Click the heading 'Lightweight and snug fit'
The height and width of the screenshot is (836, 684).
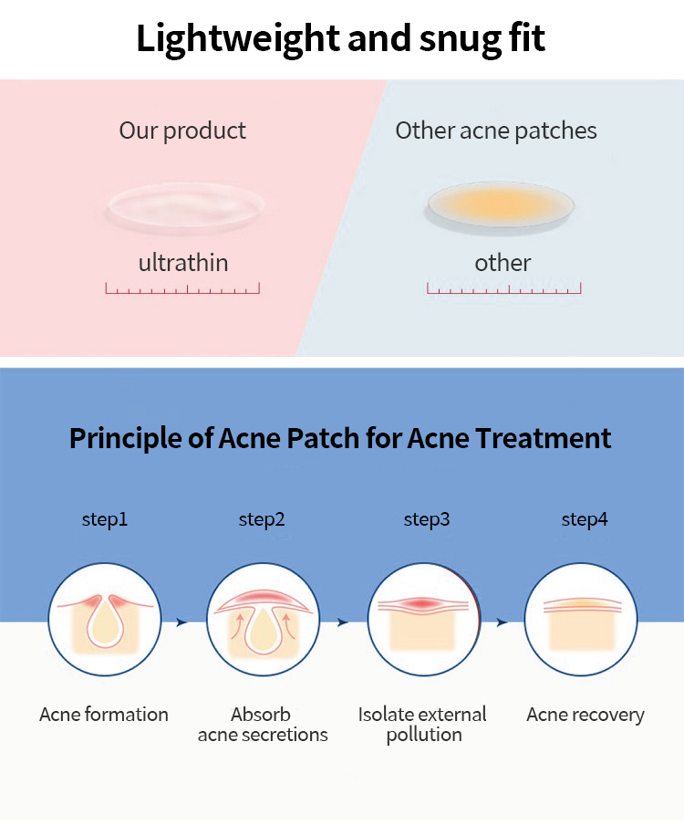click(341, 39)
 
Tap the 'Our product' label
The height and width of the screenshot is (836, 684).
click(182, 131)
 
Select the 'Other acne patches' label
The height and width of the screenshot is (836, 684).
click(496, 131)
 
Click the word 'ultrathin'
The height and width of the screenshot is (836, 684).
click(183, 264)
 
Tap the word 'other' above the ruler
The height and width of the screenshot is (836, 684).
click(503, 264)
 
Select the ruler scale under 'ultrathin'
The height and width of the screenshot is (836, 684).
click(182, 288)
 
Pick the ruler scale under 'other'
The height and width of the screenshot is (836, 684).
click(503, 288)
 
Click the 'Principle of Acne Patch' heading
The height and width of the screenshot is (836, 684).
click(341, 438)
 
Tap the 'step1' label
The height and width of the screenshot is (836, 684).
click(105, 520)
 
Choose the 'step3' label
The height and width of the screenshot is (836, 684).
click(427, 520)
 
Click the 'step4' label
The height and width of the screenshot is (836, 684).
click(585, 520)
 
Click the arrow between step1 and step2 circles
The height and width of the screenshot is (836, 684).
click(181, 622)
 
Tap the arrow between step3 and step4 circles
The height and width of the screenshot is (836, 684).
click(502, 622)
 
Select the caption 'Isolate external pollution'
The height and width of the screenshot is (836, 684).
click(422, 725)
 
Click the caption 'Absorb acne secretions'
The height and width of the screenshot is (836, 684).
click(262, 725)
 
